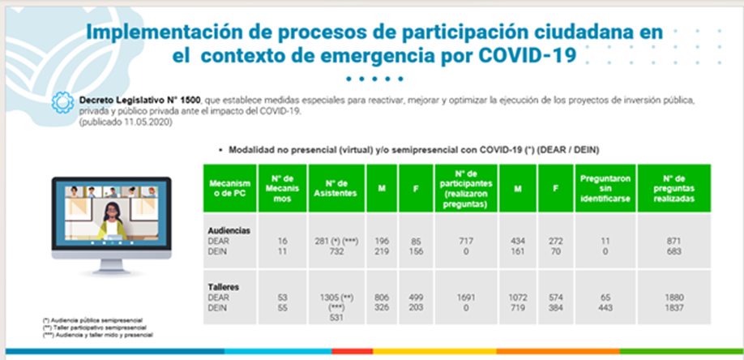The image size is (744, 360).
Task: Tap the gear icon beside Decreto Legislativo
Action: tap(61, 102)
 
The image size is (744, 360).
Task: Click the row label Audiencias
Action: tap(229, 230)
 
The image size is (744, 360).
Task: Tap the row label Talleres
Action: tap(224, 287)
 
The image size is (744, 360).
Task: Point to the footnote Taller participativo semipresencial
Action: tap(89, 328)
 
